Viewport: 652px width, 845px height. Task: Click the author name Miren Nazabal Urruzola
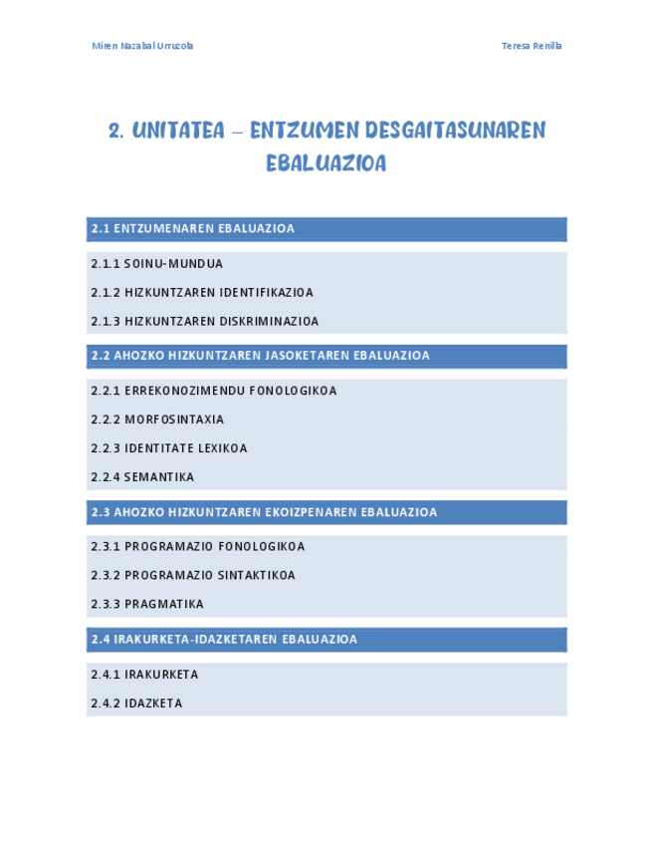tap(142, 46)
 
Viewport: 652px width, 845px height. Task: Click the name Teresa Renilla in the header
tap(532, 46)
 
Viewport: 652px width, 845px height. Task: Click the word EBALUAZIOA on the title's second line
tap(326, 163)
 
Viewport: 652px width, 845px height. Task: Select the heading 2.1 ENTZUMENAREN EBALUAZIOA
tap(193, 229)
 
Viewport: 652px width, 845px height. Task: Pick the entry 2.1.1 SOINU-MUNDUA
tap(156, 264)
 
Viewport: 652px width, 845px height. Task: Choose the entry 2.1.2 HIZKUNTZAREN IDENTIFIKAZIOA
tap(201, 293)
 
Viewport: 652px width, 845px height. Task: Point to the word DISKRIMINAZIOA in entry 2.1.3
tap(271, 322)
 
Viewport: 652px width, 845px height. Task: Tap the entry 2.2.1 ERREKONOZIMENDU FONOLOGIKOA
tap(213, 391)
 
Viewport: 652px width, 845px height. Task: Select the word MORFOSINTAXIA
tap(174, 420)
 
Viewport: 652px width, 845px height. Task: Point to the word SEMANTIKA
tap(159, 477)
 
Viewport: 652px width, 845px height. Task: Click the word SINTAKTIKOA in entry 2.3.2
tap(256, 576)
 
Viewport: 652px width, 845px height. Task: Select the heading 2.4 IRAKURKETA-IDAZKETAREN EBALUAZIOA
tap(224, 640)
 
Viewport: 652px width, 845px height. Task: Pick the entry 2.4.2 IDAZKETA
tap(136, 704)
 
